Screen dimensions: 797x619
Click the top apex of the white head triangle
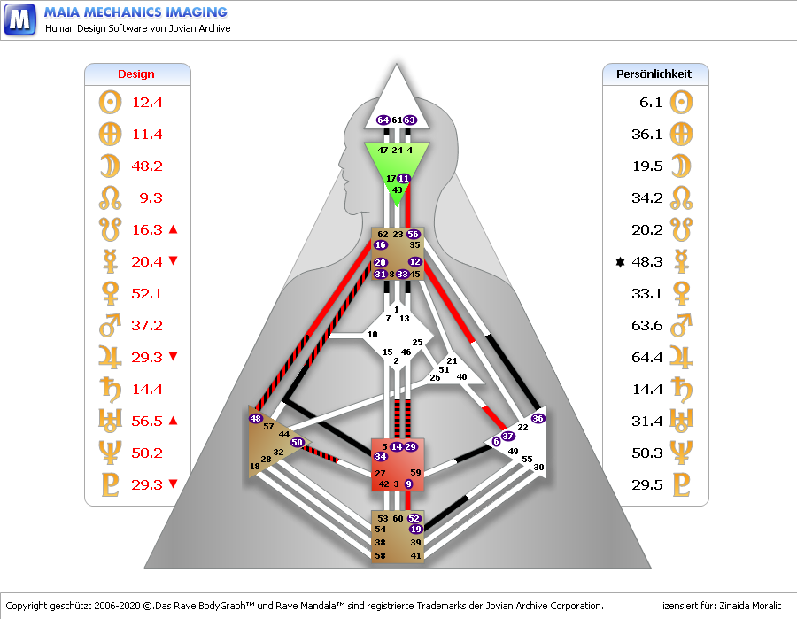[x=397, y=64]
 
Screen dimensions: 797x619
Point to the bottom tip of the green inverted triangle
[x=397, y=207]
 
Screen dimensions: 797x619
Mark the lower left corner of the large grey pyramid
[x=145, y=568]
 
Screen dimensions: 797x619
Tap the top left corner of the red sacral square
[x=372, y=438]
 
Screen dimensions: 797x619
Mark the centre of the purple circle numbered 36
[x=538, y=418]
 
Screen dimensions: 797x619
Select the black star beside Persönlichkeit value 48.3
[x=620, y=262]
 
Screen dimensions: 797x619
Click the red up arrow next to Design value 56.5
[x=173, y=421]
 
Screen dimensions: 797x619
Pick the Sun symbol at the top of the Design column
[x=111, y=102]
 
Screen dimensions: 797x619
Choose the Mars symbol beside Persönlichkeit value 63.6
[x=681, y=325]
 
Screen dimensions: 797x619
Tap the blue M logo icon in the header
[x=19, y=19]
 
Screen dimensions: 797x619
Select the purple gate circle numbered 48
[x=255, y=418]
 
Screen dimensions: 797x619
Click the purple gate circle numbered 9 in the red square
[x=408, y=484]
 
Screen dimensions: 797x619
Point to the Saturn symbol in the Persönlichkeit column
[x=681, y=390]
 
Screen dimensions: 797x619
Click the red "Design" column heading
[x=136, y=74]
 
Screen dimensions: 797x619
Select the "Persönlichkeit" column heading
[x=654, y=74]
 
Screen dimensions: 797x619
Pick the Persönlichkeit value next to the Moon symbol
[x=647, y=166]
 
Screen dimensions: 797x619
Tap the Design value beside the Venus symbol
[x=146, y=294]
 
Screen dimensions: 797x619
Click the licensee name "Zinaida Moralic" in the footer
[x=750, y=606]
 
